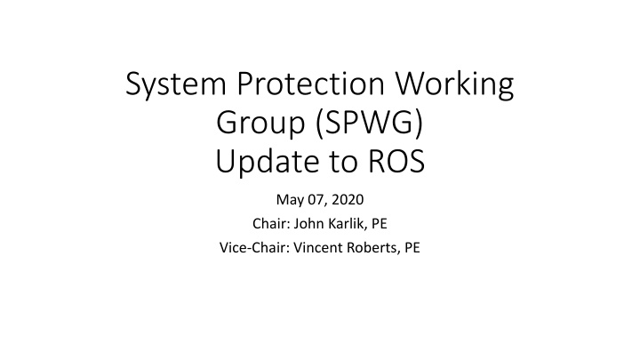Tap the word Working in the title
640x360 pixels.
[451, 89]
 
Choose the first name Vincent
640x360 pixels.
[299, 248]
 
